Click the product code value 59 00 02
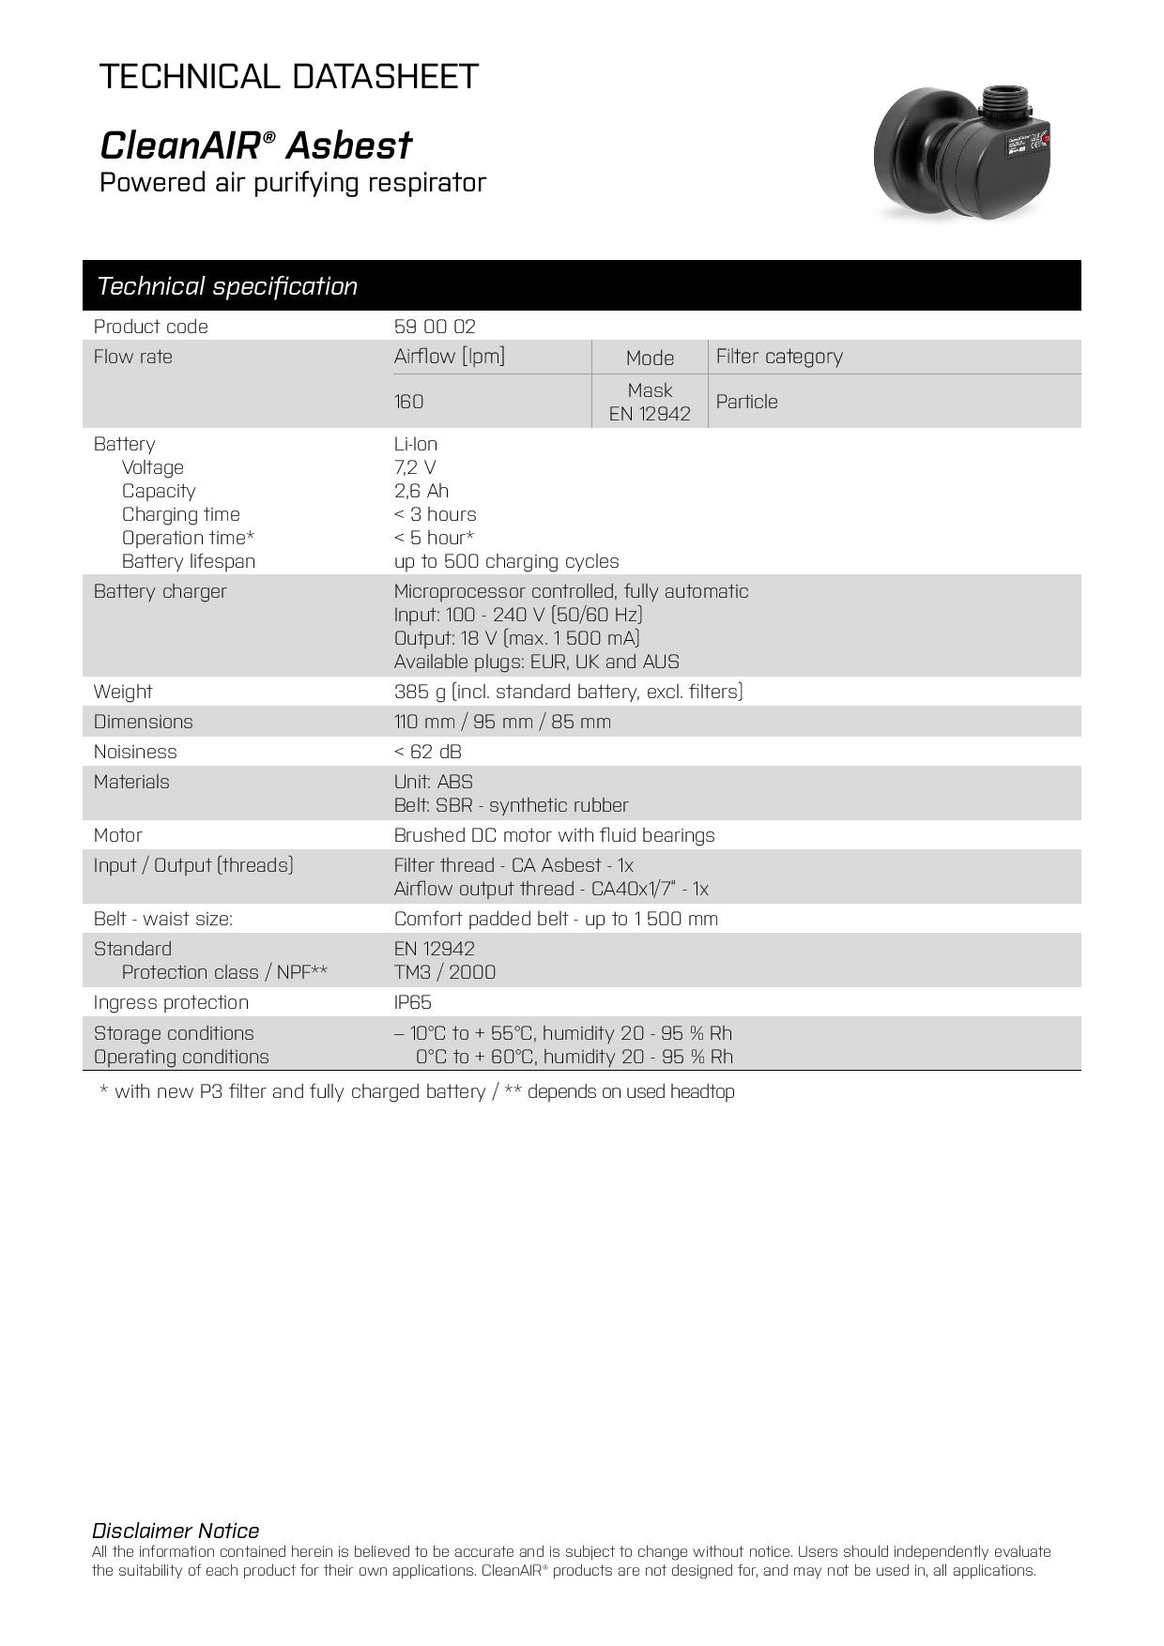(x=435, y=327)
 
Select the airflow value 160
(x=408, y=402)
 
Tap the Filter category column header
(x=779, y=357)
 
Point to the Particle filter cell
(x=746, y=402)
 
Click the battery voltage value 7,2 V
(x=415, y=467)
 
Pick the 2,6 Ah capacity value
(x=421, y=491)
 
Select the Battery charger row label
(x=160, y=591)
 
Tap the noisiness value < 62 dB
(x=427, y=752)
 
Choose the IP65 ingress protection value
(x=412, y=1002)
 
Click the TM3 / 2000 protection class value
(x=445, y=972)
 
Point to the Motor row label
(x=117, y=835)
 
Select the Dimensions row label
(x=143, y=722)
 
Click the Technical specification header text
(x=227, y=286)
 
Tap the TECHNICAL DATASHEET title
(x=289, y=76)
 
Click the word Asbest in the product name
(x=348, y=145)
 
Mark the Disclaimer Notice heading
(x=176, y=1531)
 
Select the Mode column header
(x=650, y=358)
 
